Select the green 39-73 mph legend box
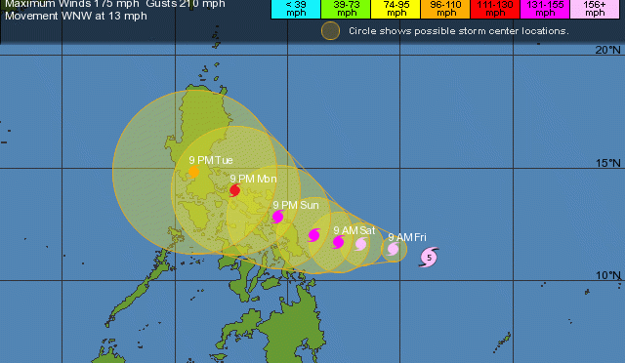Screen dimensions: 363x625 pyautogui.click(x=344, y=10)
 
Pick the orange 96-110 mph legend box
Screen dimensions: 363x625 pyautogui.click(x=445, y=10)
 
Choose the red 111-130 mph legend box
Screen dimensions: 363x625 pyautogui.click(x=496, y=10)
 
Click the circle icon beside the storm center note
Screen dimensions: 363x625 pyautogui.click(x=331, y=31)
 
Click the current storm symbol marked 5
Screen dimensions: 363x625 pyautogui.click(x=430, y=258)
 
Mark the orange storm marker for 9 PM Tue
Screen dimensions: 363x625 pyautogui.click(x=194, y=173)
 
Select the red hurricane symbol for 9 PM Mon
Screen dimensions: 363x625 pyautogui.click(x=235, y=190)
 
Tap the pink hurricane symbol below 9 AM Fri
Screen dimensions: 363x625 pyautogui.click(x=393, y=249)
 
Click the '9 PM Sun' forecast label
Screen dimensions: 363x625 pyautogui.click(x=296, y=205)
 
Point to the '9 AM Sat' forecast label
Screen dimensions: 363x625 pyautogui.click(x=354, y=230)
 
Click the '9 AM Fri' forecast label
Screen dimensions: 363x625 pyautogui.click(x=406, y=237)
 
